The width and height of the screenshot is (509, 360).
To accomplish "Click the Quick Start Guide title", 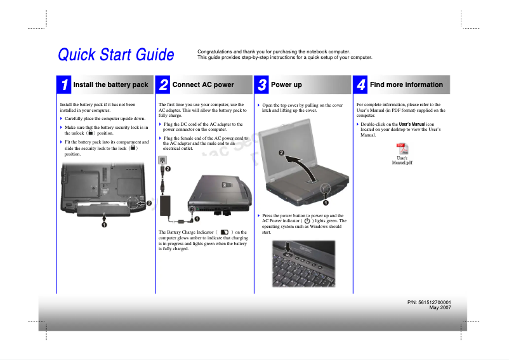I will pyautogui.click(x=116, y=55).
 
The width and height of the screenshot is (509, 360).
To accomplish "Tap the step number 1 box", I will pyautogui.click(x=65, y=84).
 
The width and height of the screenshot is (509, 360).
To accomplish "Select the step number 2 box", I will pyautogui.click(x=164, y=84).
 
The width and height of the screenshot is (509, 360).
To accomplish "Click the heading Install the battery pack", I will pyautogui.click(x=110, y=84).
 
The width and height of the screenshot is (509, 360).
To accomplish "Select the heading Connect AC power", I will pyautogui.click(x=203, y=84).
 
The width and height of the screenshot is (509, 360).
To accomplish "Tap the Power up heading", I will pyautogui.click(x=286, y=84).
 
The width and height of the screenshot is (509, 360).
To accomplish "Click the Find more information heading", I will pyautogui.click(x=406, y=84).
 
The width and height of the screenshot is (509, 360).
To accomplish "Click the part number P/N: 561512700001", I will pyautogui.click(x=429, y=302).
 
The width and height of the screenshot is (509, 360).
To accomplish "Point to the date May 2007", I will pyautogui.click(x=440, y=308).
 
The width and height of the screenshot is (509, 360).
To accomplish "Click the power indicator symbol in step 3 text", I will pyautogui.click(x=315, y=221).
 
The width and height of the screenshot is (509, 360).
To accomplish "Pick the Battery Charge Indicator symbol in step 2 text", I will pyautogui.click(x=225, y=232).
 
